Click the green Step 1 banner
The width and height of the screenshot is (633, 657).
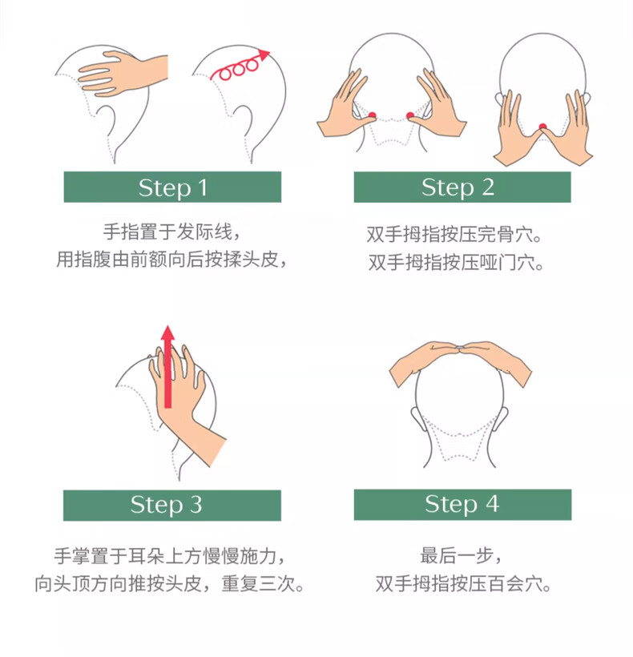click(172, 187)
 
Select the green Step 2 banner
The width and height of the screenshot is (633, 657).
click(462, 187)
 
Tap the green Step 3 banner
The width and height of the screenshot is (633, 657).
click(171, 506)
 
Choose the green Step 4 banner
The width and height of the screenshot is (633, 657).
click(462, 505)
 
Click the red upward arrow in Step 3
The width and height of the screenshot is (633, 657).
click(168, 367)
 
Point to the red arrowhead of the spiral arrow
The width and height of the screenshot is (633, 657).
click(264, 55)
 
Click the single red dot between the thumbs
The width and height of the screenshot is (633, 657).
click(543, 126)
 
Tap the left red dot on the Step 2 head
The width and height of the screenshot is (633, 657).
click(372, 115)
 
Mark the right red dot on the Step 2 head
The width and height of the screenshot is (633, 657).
click(410, 115)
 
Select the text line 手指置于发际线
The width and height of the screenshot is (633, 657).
click(171, 232)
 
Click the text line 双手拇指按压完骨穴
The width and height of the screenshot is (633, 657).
click(454, 235)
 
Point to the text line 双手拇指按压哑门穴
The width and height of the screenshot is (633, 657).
click(456, 263)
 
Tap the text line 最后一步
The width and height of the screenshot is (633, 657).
click(461, 556)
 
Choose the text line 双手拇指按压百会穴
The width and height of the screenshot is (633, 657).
click(463, 583)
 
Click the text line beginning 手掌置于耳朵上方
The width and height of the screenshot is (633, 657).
click(170, 556)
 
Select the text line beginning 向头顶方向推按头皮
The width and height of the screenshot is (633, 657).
click(170, 583)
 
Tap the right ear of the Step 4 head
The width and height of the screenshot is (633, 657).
click(502, 419)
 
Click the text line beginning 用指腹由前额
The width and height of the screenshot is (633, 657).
click(171, 260)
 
